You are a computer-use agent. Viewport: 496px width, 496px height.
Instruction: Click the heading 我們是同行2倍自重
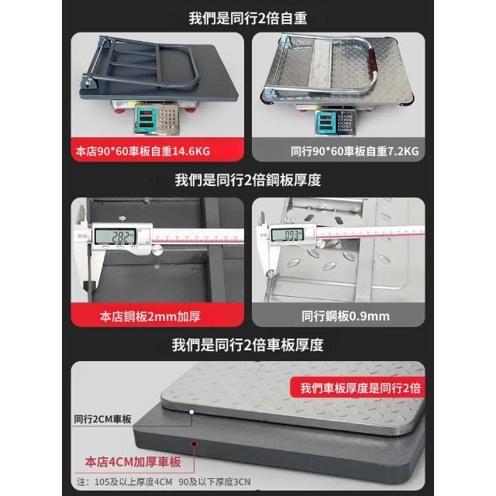tap(248, 18)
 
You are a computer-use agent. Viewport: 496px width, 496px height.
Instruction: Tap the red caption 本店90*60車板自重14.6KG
tap(143, 151)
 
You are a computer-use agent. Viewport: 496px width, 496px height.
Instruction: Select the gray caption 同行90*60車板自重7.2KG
tap(355, 151)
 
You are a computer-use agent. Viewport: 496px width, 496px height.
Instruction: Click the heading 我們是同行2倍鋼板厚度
tap(248, 180)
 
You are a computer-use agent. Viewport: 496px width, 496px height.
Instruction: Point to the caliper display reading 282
tap(115, 236)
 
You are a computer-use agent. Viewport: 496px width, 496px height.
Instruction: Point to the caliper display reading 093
tap(288, 235)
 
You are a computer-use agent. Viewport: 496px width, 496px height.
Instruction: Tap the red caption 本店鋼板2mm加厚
tap(150, 316)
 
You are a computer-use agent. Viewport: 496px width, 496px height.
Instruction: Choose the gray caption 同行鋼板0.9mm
tap(346, 316)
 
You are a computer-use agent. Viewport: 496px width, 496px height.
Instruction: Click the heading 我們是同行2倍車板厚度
tap(248, 344)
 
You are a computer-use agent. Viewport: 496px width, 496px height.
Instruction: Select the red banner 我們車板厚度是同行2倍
tap(360, 387)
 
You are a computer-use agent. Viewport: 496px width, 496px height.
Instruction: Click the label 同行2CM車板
tap(102, 419)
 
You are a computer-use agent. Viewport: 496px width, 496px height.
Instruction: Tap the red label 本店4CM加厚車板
tap(133, 462)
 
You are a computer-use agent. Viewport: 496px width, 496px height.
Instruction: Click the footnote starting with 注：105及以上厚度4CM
tap(164, 482)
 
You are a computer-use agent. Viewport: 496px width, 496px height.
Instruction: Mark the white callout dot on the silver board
tap(191, 412)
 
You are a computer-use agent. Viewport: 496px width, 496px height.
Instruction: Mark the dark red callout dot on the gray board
tap(195, 444)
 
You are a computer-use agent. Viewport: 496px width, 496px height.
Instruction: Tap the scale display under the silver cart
tap(325, 121)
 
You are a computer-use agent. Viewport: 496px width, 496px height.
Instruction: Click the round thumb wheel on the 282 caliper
tap(157, 250)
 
